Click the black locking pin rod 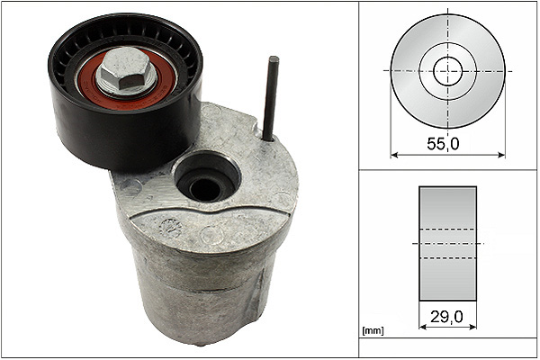tap(270, 98)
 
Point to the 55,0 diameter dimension tap(443, 144)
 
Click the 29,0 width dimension tap(446, 317)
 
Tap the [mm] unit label tap(373, 331)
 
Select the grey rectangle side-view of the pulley tap(447, 244)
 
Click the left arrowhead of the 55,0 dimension tap(394, 155)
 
